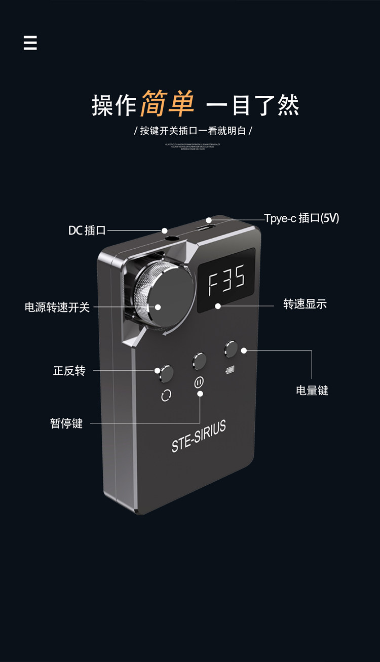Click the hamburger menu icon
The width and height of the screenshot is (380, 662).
click(30, 43)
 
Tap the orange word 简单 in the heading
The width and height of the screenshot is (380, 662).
click(168, 104)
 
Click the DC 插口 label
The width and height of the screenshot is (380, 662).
click(87, 230)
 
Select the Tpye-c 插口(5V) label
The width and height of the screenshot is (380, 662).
click(301, 218)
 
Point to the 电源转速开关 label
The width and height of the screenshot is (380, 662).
click(57, 307)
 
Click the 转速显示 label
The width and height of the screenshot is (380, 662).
click(305, 304)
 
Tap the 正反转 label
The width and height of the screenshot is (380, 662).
click(69, 371)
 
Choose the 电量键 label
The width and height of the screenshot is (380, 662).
click(312, 391)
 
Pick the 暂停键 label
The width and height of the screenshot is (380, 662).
click(66, 423)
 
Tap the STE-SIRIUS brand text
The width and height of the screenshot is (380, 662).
click(199, 437)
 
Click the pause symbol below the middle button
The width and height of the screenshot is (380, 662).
click(199, 382)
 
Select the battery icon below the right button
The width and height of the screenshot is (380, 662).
click(231, 370)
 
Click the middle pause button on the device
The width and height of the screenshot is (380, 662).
click(199, 361)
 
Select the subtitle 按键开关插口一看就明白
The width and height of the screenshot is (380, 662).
click(193, 131)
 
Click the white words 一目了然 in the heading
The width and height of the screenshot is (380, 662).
click(253, 105)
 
